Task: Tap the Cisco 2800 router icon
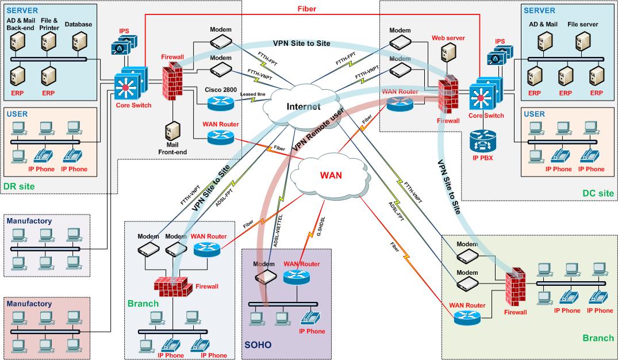pyautogui.click(x=220, y=103)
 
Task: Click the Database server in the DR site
pyautogui.click(x=79, y=41)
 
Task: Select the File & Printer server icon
pyautogui.click(x=48, y=41)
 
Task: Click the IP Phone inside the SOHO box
pyautogui.click(x=311, y=317)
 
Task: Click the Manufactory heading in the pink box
pyautogui.click(x=29, y=304)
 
